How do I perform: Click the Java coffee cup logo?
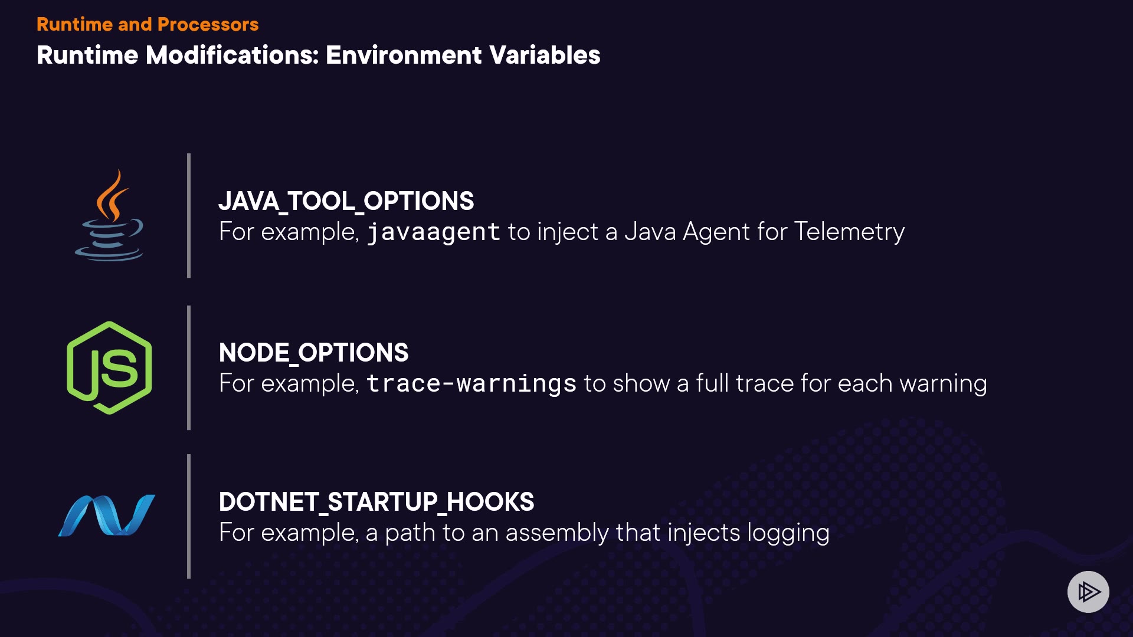pyautogui.click(x=109, y=215)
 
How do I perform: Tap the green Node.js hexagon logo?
pyautogui.click(x=109, y=367)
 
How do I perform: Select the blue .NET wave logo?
pyautogui.click(x=107, y=515)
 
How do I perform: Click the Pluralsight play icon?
pyautogui.click(x=1088, y=592)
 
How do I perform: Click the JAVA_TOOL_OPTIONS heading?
pyautogui.click(x=346, y=201)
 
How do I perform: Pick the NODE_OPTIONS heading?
pyautogui.click(x=313, y=353)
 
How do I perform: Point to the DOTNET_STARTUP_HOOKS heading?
pyautogui.click(x=376, y=502)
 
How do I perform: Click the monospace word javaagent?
pyautogui.click(x=434, y=232)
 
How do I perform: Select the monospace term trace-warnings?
pyautogui.click(x=471, y=383)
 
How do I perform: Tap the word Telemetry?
pyautogui.click(x=850, y=232)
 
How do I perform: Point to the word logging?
pyautogui.click(x=788, y=533)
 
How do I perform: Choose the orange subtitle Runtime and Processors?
pyautogui.click(x=148, y=24)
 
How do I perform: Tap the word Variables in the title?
pyautogui.click(x=545, y=55)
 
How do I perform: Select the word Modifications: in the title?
pyautogui.click(x=233, y=55)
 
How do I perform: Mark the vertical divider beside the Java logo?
pyautogui.click(x=189, y=215)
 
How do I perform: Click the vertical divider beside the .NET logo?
pyautogui.click(x=189, y=516)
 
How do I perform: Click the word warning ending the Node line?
pyautogui.click(x=943, y=384)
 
